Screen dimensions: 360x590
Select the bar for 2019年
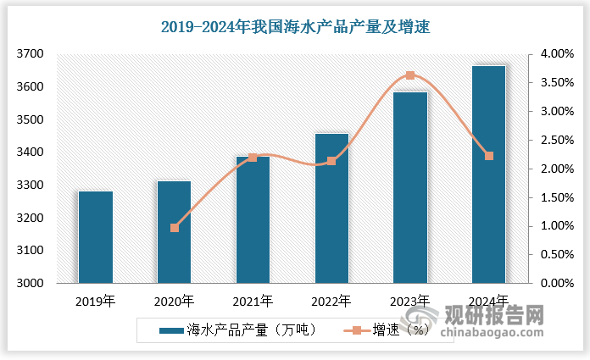point(96,237)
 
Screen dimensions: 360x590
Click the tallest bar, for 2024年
point(489,174)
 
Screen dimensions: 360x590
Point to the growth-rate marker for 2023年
point(410,75)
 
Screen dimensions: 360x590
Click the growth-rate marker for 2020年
point(175,228)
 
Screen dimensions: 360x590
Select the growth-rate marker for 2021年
point(253,158)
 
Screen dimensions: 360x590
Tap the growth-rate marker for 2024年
point(489,156)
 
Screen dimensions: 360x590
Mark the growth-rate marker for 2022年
point(331,161)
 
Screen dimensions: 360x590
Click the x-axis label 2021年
point(253,301)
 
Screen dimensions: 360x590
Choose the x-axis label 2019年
point(96,301)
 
